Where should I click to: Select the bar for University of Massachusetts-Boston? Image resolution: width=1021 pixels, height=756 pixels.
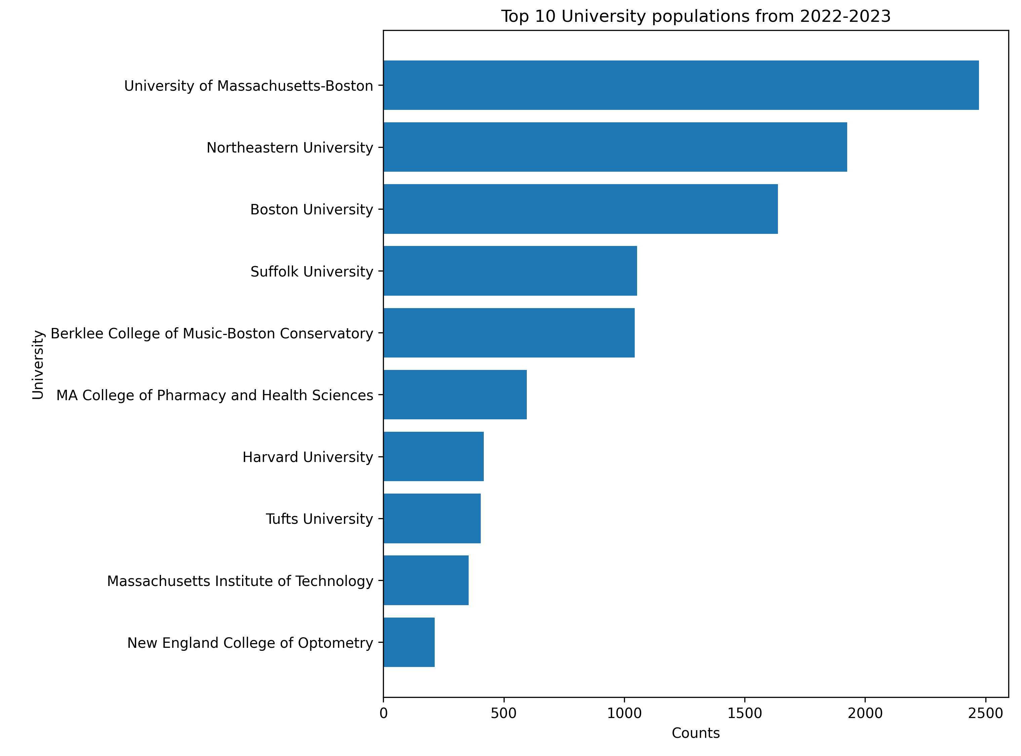click(681, 85)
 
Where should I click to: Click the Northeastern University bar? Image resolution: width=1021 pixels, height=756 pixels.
click(615, 147)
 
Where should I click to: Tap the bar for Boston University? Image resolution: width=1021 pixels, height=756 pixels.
click(580, 209)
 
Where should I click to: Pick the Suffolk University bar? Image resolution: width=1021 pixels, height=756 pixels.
click(510, 270)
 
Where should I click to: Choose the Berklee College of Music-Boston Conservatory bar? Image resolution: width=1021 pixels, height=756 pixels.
click(509, 333)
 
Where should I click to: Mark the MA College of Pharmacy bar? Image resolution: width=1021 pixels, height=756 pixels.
click(455, 394)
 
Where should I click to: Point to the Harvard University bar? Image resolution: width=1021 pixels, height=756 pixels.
click(433, 456)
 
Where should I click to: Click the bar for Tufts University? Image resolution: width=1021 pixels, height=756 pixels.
click(432, 518)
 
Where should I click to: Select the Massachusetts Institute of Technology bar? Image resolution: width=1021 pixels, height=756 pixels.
click(426, 580)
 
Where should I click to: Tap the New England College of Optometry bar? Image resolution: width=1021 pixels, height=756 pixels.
click(409, 642)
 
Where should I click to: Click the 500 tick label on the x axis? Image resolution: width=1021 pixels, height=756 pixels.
click(504, 713)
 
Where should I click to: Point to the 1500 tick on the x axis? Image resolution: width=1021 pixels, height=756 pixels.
click(744, 713)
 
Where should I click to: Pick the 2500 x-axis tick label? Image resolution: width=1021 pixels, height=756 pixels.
click(985, 713)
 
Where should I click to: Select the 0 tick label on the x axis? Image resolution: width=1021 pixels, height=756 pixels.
click(383, 713)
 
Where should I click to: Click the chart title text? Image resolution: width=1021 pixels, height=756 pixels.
click(696, 16)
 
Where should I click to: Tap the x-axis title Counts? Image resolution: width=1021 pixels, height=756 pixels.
click(696, 733)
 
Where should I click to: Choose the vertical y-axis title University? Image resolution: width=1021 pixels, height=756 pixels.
click(38, 365)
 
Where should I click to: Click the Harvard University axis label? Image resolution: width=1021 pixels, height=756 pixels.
click(308, 457)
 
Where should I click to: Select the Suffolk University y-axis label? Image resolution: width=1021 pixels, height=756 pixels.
click(311, 271)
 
